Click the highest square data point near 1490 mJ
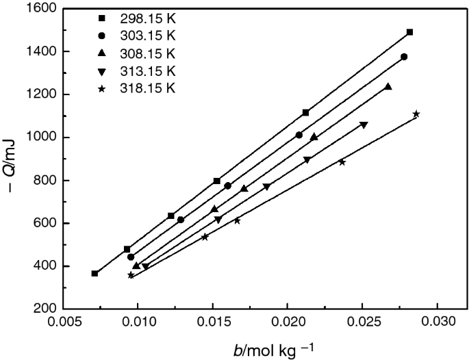[x=409, y=32]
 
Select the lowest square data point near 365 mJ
[x=95, y=274]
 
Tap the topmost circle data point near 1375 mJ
[x=404, y=57]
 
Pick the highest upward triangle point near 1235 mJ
[x=388, y=87]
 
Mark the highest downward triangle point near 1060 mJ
[x=364, y=125]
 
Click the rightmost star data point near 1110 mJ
[x=416, y=114]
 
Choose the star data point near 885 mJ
[x=342, y=162]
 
